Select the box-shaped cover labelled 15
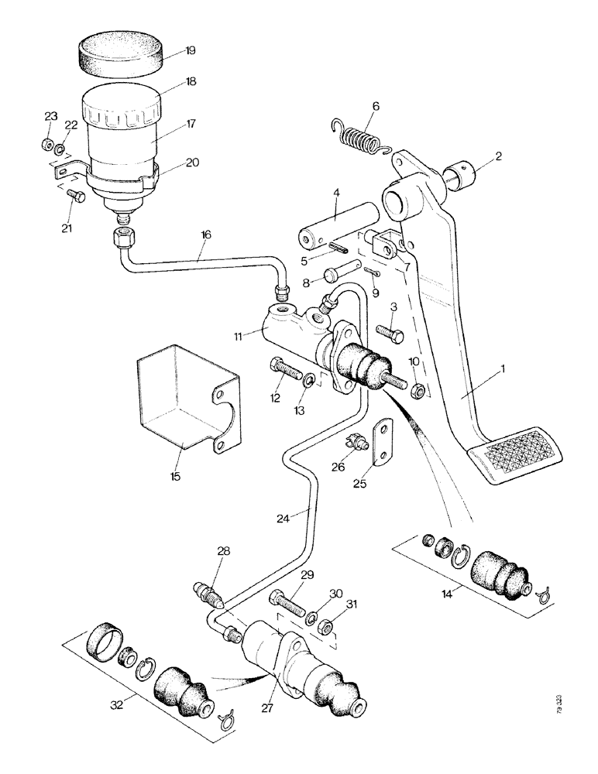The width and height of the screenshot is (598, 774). click(180, 402)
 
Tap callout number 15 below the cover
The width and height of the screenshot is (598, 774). click(175, 476)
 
